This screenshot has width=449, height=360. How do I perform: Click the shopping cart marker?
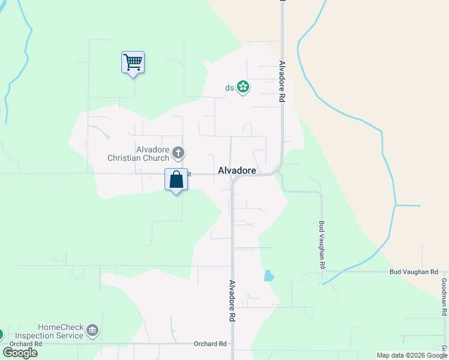click(x=133, y=62)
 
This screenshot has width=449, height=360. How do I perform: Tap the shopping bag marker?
click(x=176, y=179)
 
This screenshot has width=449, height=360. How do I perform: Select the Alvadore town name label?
click(x=237, y=171)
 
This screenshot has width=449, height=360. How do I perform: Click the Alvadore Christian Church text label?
click(x=137, y=154)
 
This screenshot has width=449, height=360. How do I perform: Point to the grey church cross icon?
click(x=178, y=153)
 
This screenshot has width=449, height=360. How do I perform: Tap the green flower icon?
click(x=243, y=88)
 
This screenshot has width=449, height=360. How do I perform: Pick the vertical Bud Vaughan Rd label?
click(x=322, y=244)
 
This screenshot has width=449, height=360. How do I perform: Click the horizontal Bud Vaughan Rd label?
click(x=414, y=272)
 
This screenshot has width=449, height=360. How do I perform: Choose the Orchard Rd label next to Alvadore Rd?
click(x=210, y=344)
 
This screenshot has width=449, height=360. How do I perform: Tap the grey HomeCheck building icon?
click(x=92, y=330)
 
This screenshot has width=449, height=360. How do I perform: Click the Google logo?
click(x=20, y=353)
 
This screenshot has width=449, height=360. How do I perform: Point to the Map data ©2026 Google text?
click(x=412, y=355)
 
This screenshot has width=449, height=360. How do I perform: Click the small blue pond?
click(x=268, y=276)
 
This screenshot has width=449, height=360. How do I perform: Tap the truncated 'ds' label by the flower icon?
click(x=229, y=88)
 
